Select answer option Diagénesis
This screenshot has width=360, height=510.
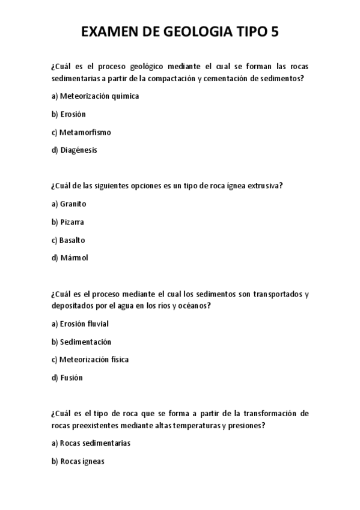click(x=78, y=150)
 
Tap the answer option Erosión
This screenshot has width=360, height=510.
click(x=73, y=114)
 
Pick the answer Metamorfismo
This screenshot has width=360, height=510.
click(x=85, y=132)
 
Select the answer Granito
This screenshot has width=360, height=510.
click(x=73, y=204)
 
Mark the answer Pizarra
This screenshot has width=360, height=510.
click(x=72, y=222)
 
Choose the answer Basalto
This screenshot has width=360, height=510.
click(x=72, y=240)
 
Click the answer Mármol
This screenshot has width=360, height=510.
click(x=74, y=258)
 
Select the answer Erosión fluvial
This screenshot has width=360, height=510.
click(x=84, y=324)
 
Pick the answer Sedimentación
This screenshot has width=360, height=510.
click(x=85, y=342)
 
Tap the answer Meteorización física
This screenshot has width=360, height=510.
click(x=94, y=360)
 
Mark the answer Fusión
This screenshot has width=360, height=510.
click(x=72, y=378)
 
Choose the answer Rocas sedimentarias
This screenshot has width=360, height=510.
click(x=95, y=443)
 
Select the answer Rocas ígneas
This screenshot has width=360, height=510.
click(x=82, y=461)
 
